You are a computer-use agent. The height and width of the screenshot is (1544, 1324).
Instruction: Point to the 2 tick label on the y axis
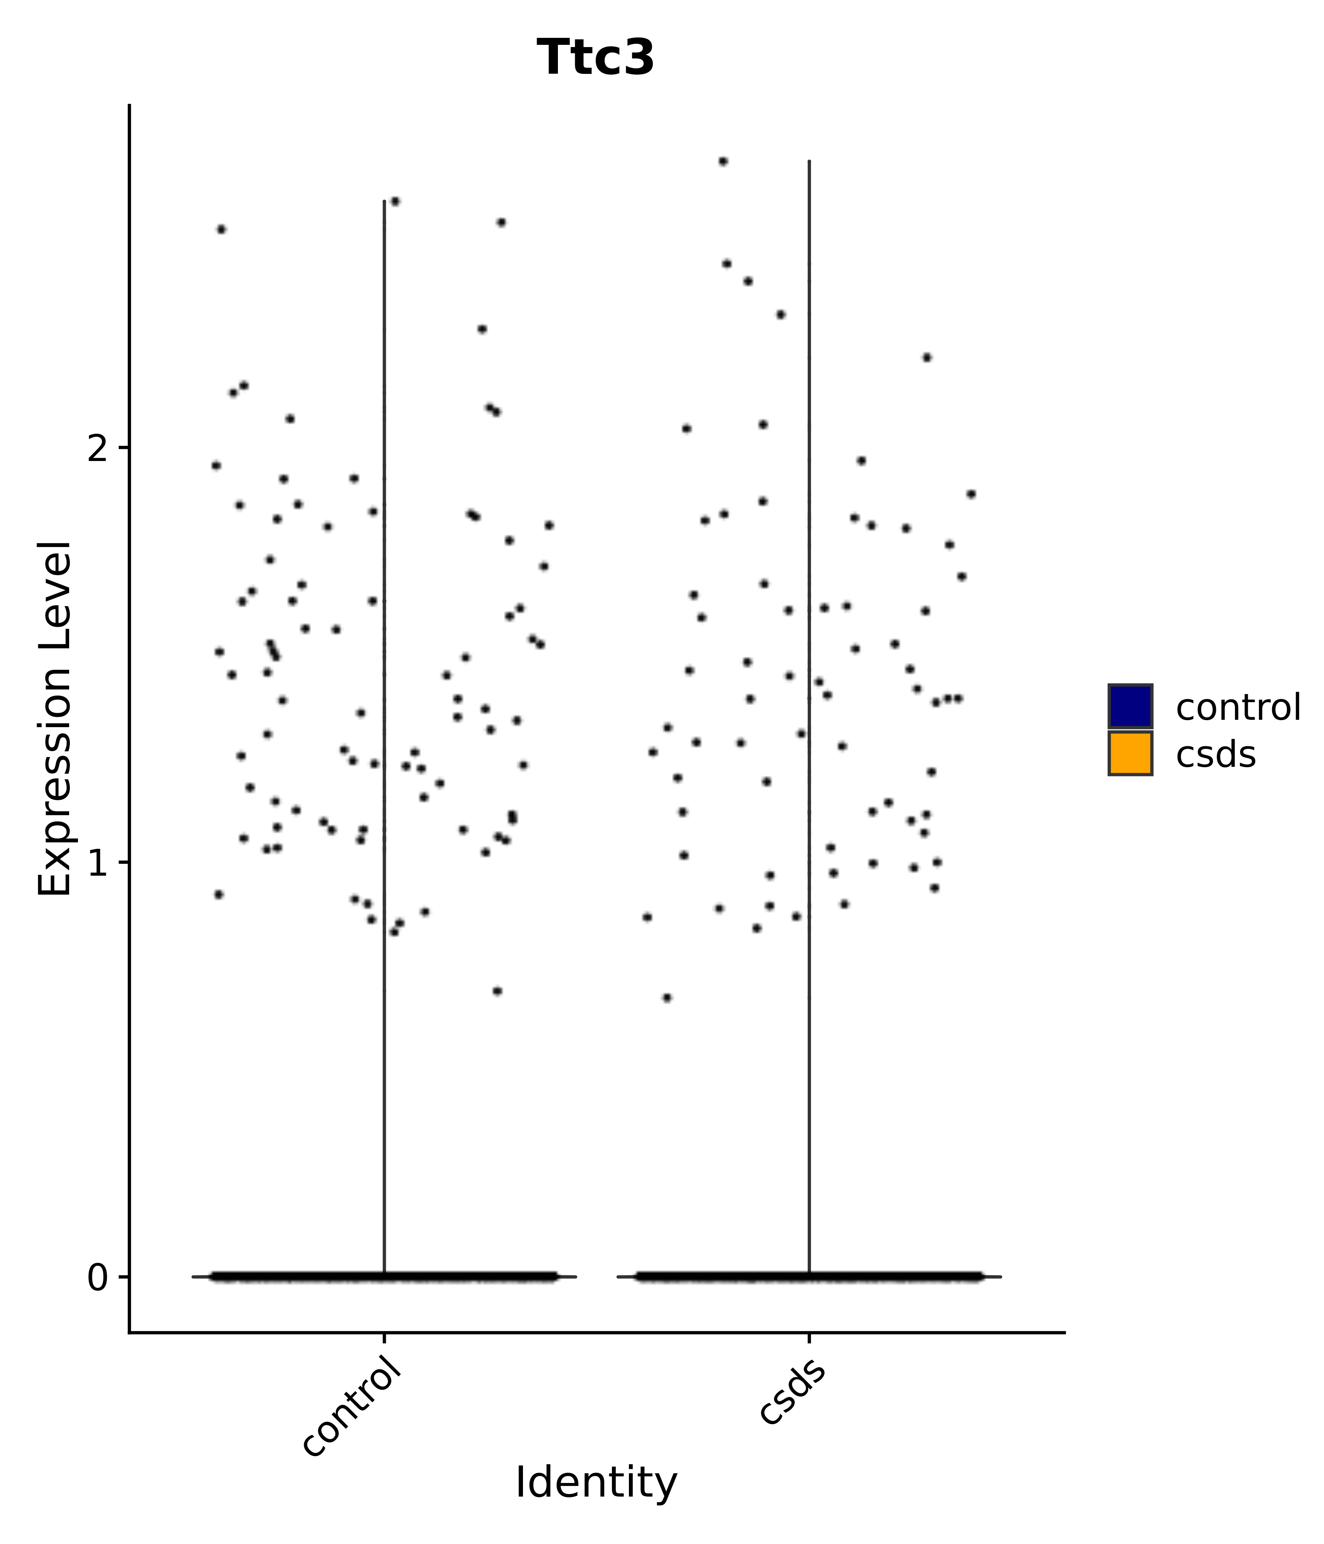(98, 448)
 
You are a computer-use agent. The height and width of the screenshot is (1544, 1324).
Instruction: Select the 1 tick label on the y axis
(98, 863)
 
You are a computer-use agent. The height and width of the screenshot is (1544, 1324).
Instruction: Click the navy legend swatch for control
(1129, 706)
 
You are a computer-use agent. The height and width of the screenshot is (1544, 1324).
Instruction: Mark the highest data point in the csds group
(722, 161)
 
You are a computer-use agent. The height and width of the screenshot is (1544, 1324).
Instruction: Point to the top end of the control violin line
(384, 201)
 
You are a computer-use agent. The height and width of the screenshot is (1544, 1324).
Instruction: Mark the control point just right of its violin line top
(395, 201)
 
